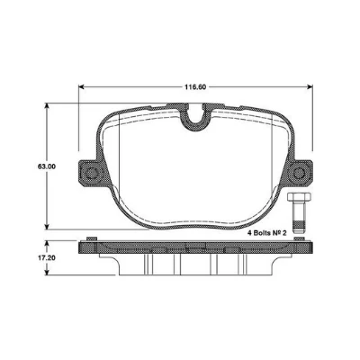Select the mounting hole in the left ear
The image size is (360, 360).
point(88,173)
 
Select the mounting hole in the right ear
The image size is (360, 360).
point(301,171)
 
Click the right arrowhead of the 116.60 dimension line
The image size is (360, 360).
point(308,87)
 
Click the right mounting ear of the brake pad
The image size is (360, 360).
point(301,171)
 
